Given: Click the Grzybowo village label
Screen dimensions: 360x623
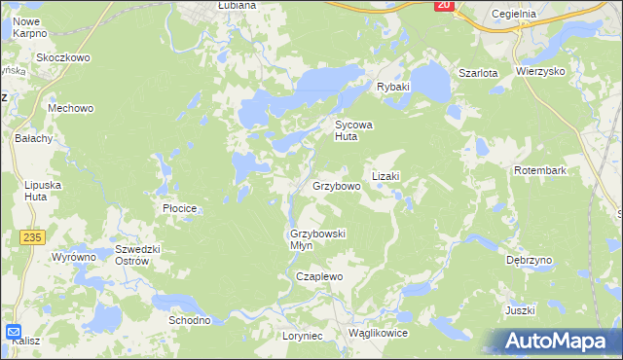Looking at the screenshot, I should (337, 185).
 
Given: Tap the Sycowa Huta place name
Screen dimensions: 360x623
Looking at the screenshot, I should (354, 131).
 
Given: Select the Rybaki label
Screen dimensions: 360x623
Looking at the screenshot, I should (394, 87).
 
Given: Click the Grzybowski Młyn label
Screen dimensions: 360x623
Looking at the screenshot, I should (318, 239).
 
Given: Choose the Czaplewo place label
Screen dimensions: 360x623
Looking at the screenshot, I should (320, 276).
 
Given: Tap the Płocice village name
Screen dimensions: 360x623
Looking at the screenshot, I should (180, 208).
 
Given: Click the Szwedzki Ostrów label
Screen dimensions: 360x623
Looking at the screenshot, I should (130, 254).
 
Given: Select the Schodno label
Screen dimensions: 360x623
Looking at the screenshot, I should (190, 320).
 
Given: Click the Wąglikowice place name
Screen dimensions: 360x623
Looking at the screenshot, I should (377, 333).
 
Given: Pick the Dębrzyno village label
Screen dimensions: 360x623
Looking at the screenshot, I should (530, 261).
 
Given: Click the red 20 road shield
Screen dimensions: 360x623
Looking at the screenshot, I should (444, 5).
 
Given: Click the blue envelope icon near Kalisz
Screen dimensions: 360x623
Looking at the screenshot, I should (14, 331).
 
